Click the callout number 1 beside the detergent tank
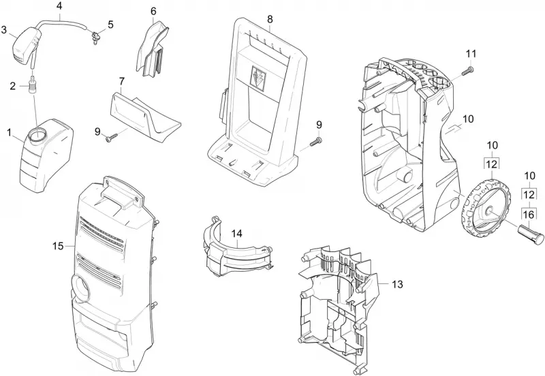point(9,133)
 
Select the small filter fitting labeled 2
point(33,84)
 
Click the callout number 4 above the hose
point(59,6)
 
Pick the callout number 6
point(153,11)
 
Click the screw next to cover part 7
point(112,139)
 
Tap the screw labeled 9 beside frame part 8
point(315,142)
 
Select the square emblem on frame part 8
point(258,78)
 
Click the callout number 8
point(270,20)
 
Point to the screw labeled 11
point(467,70)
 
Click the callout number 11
point(471,54)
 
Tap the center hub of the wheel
point(488,210)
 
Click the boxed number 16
point(528,215)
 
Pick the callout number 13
point(397,284)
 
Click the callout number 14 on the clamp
point(236,234)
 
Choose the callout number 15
point(58,246)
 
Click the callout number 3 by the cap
point(4,30)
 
